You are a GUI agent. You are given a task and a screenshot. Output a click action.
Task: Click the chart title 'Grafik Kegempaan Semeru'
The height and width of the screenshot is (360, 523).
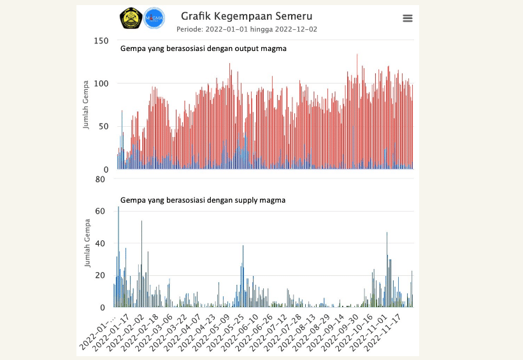[x=247, y=16]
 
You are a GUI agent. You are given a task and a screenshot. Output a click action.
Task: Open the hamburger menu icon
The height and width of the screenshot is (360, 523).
[x=408, y=18]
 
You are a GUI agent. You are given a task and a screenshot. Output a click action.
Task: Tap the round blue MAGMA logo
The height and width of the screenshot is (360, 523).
[x=154, y=18]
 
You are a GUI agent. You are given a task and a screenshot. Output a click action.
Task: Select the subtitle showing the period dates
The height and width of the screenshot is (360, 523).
[x=247, y=29]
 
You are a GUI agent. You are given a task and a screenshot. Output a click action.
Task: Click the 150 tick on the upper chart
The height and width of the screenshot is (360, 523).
[x=101, y=41]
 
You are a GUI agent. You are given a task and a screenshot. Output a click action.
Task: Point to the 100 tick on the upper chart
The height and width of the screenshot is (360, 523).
[x=101, y=83]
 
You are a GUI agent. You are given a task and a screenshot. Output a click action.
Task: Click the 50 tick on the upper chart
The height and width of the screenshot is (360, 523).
[x=103, y=126]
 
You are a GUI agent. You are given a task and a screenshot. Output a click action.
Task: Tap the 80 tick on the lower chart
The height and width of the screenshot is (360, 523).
[x=100, y=179]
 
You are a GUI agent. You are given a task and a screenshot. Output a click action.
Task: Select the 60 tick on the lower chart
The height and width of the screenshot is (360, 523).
[x=100, y=212]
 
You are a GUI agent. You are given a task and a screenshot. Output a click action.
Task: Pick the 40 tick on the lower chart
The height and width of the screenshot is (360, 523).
[x=100, y=243]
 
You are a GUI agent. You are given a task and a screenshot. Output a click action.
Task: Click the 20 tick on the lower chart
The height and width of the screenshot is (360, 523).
[x=100, y=275]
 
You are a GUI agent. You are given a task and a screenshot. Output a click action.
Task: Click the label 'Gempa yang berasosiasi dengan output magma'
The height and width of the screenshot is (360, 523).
[x=203, y=48]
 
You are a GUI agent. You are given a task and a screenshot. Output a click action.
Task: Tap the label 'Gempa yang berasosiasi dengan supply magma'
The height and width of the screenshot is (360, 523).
[x=203, y=200]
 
